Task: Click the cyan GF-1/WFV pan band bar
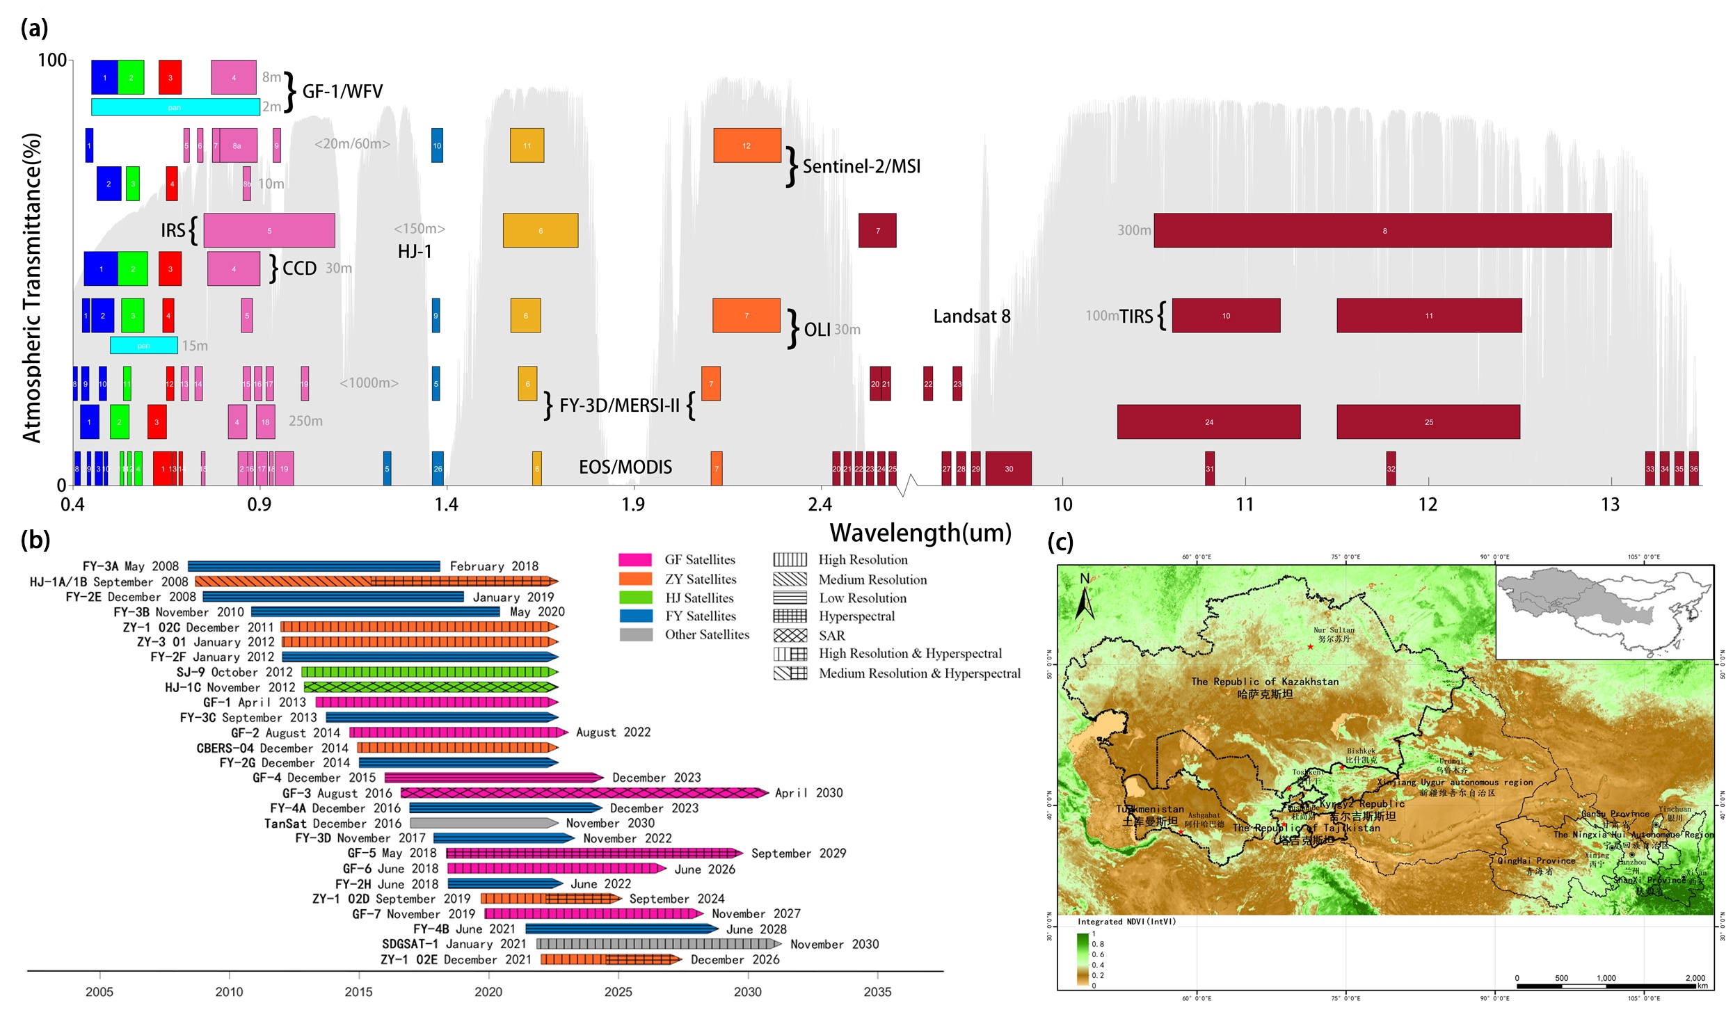point(175,107)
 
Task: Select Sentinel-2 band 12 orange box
point(746,145)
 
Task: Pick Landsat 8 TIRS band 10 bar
point(1226,316)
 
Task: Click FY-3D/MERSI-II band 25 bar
point(1428,422)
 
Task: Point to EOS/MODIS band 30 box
point(1008,468)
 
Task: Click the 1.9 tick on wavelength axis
point(633,504)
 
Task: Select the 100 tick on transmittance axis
point(52,61)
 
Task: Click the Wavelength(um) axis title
point(920,533)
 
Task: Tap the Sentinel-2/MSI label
point(861,166)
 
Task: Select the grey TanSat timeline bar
point(483,823)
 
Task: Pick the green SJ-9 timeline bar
point(429,672)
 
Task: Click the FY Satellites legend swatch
point(635,616)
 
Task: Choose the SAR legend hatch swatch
point(790,635)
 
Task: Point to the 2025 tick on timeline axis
point(618,991)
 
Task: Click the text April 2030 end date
point(808,793)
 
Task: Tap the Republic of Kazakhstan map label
point(1264,682)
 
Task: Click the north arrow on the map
point(1084,597)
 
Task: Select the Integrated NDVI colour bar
point(1083,959)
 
